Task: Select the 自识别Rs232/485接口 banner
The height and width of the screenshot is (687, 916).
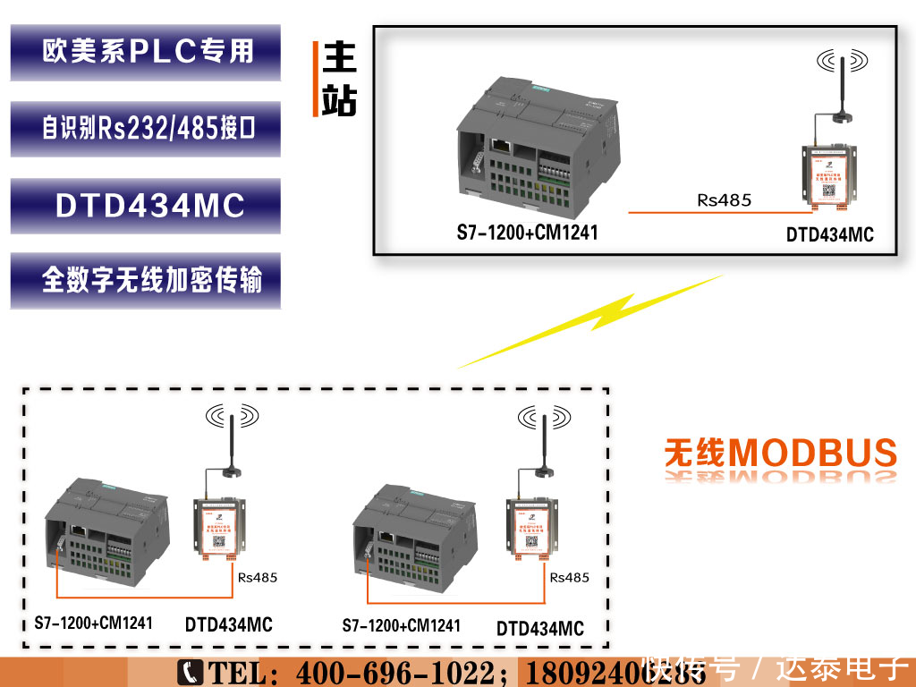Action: click(x=146, y=129)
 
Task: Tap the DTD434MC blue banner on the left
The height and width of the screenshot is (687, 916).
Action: click(x=146, y=206)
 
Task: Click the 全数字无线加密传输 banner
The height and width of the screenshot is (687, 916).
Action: click(x=146, y=281)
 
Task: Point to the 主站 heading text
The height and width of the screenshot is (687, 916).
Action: click(x=339, y=79)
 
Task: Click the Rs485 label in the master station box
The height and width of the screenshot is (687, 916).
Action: click(x=724, y=200)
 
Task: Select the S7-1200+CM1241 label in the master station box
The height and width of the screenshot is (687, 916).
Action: click(x=527, y=234)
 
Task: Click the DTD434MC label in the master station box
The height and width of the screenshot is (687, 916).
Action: click(x=829, y=236)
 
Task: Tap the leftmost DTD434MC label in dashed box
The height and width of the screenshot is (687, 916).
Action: click(x=228, y=624)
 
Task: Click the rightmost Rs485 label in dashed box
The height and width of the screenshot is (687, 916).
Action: click(x=569, y=577)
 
